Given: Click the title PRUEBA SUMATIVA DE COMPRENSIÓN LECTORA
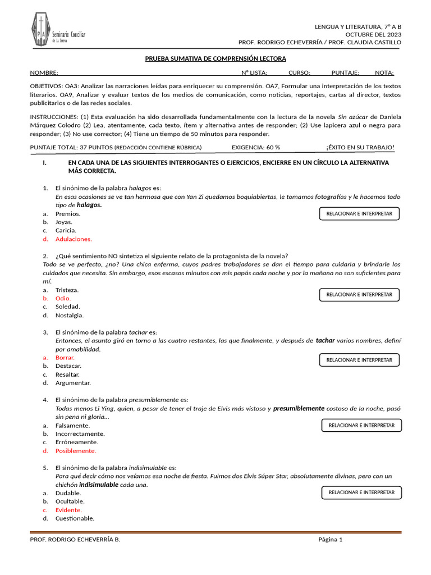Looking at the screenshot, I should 215,58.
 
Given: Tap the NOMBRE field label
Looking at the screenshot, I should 44,72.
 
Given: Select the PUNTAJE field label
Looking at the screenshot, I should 345,72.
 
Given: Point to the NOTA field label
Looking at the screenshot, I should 384,72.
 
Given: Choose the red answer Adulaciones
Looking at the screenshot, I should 74,239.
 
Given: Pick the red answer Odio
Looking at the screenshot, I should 63,299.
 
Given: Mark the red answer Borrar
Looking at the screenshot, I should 65,358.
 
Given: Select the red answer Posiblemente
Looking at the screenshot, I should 76,451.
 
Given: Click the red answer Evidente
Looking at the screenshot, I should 68,510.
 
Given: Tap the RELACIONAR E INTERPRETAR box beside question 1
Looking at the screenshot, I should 359,214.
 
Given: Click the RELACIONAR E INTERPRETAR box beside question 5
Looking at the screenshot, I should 361,493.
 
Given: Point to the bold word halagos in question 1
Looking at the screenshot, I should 89,206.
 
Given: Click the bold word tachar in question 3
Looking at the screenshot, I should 325,341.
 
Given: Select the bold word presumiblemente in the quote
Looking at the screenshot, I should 299,409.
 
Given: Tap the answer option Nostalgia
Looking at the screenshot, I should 69,316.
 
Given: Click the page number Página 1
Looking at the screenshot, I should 330,540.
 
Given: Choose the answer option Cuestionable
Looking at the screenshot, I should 75,519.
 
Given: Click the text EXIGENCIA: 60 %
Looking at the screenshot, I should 256,147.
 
